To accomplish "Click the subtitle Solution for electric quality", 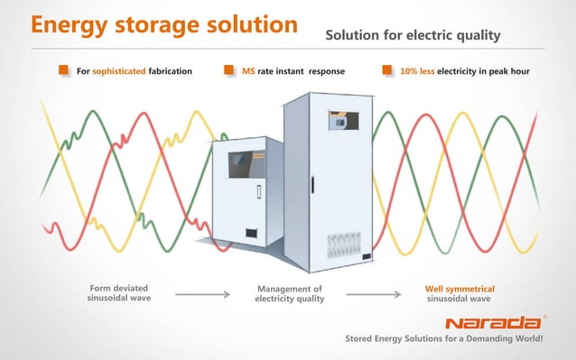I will tap(413, 35).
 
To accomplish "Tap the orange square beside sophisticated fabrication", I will tap(64, 69).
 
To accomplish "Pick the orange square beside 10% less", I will tap(388, 69).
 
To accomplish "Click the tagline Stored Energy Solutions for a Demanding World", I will tap(439, 340).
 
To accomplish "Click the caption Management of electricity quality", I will tap(289, 293).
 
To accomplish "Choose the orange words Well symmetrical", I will tap(459, 289).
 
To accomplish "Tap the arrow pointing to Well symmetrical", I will tap(373, 293).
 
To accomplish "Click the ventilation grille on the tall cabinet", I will tap(342, 246).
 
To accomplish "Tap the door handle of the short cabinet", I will tap(258, 192).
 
